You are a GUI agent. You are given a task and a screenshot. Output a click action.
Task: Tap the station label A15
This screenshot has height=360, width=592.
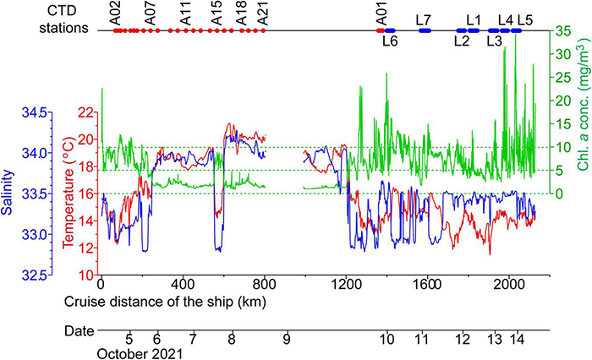(x=217, y=14)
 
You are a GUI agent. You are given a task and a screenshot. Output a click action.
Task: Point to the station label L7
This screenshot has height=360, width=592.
(x=424, y=19)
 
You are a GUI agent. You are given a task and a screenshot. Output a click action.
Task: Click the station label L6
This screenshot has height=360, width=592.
(x=390, y=40)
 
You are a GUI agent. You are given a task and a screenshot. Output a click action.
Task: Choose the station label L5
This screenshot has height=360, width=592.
(x=525, y=19)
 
